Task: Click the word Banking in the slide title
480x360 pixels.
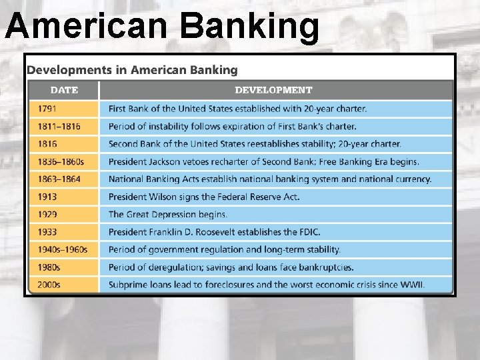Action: (x=249, y=26)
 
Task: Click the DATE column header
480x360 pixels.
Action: (x=64, y=90)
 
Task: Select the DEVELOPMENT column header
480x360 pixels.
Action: (x=273, y=90)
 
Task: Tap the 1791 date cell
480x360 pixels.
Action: (x=47, y=109)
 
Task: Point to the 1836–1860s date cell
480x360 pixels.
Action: (x=61, y=161)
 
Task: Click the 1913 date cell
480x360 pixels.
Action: (x=47, y=197)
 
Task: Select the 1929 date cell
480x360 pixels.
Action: (x=47, y=215)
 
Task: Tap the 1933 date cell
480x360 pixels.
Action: (x=47, y=232)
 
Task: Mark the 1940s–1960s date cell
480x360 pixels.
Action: (x=63, y=250)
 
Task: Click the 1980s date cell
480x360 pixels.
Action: (x=49, y=267)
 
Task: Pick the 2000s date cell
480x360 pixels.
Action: (x=49, y=285)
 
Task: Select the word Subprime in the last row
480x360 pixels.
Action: (x=129, y=285)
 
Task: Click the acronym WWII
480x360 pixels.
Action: (x=411, y=285)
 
